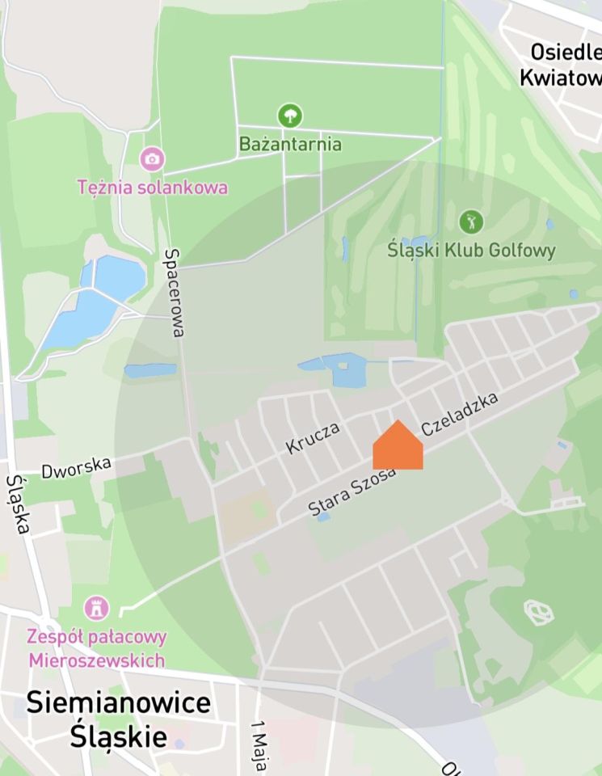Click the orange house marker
[x=398, y=447]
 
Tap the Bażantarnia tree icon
[x=289, y=116]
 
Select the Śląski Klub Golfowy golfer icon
[x=470, y=220]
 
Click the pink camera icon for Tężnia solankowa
[x=152, y=158]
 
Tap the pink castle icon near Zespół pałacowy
[x=97, y=606]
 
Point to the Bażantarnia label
[x=290, y=145]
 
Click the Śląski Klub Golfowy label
[x=472, y=250]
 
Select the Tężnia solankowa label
[x=152, y=188]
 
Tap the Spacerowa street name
[x=175, y=292]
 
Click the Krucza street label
[x=312, y=437]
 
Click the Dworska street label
[x=76, y=467]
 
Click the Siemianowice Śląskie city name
[x=118, y=719]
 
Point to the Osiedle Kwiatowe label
[x=565, y=65]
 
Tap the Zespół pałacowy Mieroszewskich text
[x=97, y=648]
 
